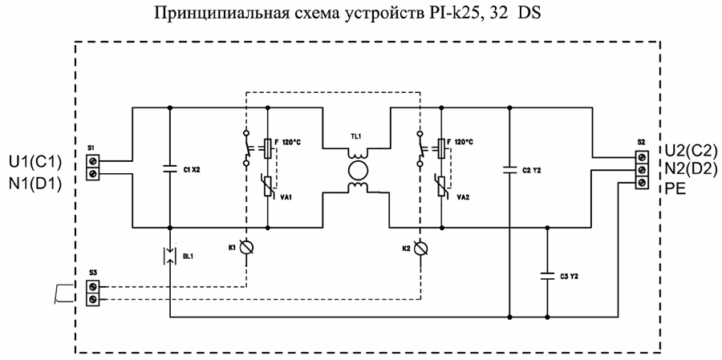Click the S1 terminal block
[93, 167]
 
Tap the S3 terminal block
[93, 292]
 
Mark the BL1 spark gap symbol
[170, 256]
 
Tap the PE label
[675, 189]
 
